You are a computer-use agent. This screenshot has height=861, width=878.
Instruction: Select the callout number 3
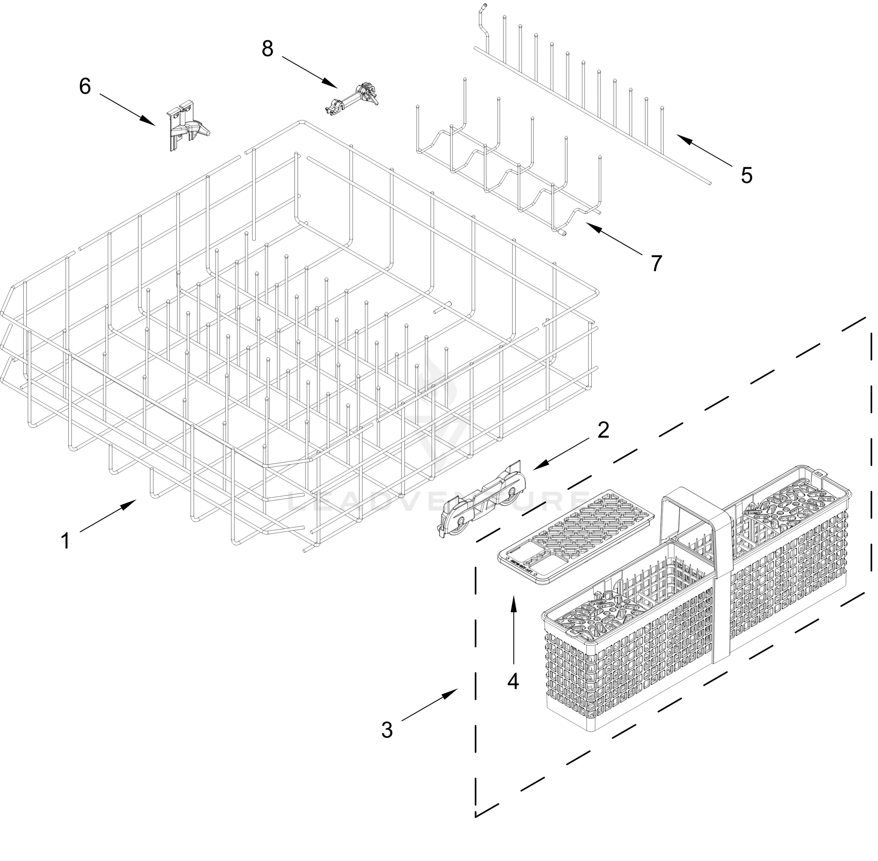[x=386, y=729]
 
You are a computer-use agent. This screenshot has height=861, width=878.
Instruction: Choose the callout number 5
[x=746, y=175]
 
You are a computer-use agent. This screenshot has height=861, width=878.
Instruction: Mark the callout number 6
[x=85, y=86]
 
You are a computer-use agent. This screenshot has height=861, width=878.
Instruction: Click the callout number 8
[x=267, y=48]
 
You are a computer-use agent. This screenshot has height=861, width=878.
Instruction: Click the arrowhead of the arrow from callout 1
[x=132, y=502]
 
